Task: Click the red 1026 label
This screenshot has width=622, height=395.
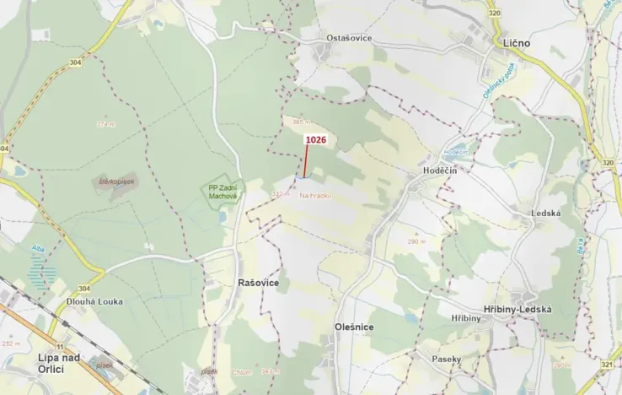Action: click(x=316, y=139)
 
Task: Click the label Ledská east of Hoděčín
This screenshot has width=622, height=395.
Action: click(x=546, y=213)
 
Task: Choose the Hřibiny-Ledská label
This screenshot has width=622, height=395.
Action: click(x=517, y=309)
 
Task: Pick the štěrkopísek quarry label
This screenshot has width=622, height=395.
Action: click(x=117, y=181)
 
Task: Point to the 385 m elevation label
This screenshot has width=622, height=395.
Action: click(x=302, y=122)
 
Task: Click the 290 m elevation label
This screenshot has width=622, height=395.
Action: click(x=415, y=241)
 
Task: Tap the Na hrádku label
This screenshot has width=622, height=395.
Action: click(x=315, y=195)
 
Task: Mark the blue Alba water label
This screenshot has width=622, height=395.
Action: click(x=37, y=248)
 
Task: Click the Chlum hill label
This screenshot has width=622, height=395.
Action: click(x=243, y=371)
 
